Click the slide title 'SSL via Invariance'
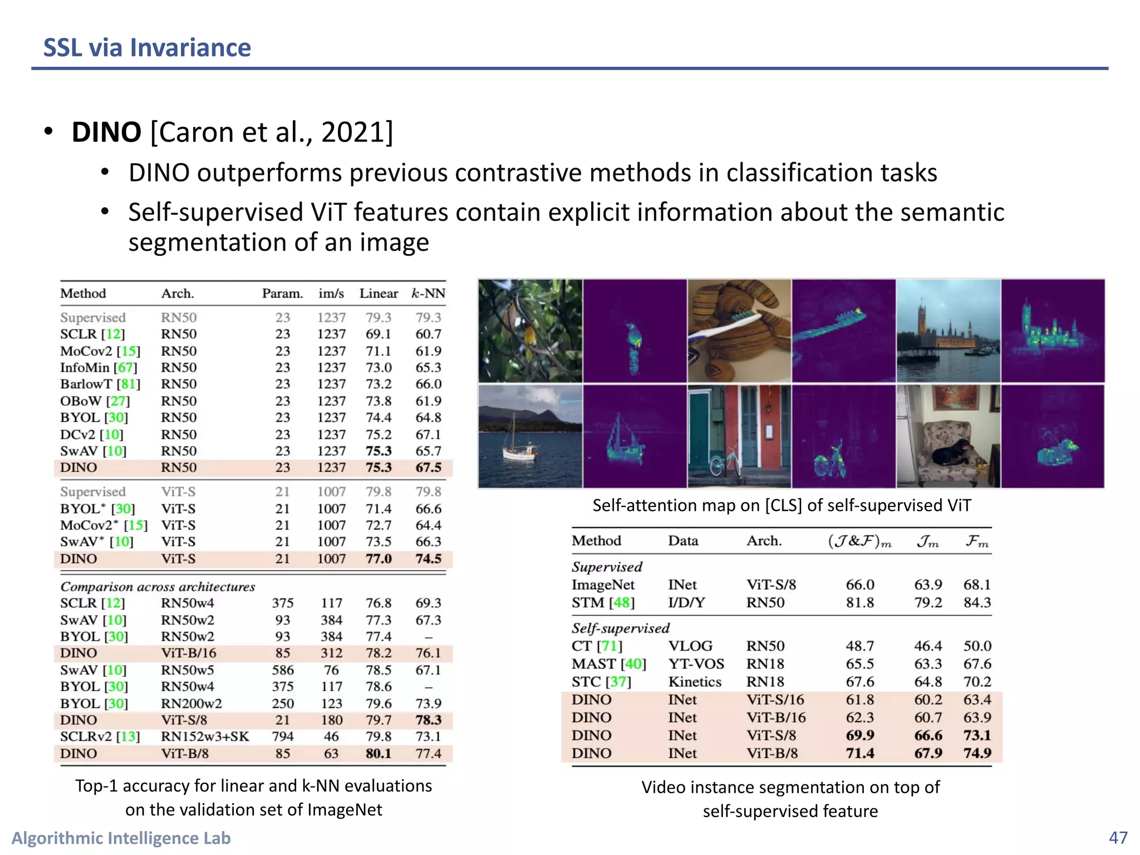pyautogui.click(x=147, y=48)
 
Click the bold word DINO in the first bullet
pyautogui.click(x=106, y=132)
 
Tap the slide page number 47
pyautogui.click(x=1118, y=838)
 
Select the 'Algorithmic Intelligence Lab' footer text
pyautogui.click(x=121, y=838)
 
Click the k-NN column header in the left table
pyautogui.click(x=428, y=293)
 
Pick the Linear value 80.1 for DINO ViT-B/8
pyautogui.click(x=379, y=753)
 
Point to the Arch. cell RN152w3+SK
pyautogui.click(x=205, y=736)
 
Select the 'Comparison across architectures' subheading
pyautogui.click(x=158, y=587)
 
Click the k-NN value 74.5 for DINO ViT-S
pyautogui.click(x=428, y=558)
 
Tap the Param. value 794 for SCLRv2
pyautogui.click(x=283, y=736)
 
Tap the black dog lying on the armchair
pyautogui.click(x=954, y=453)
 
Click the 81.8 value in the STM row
pyautogui.click(x=860, y=602)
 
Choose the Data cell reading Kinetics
pyautogui.click(x=695, y=682)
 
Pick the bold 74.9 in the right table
pyautogui.click(x=977, y=753)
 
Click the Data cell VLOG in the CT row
pyautogui.click(x=690, y=646)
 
